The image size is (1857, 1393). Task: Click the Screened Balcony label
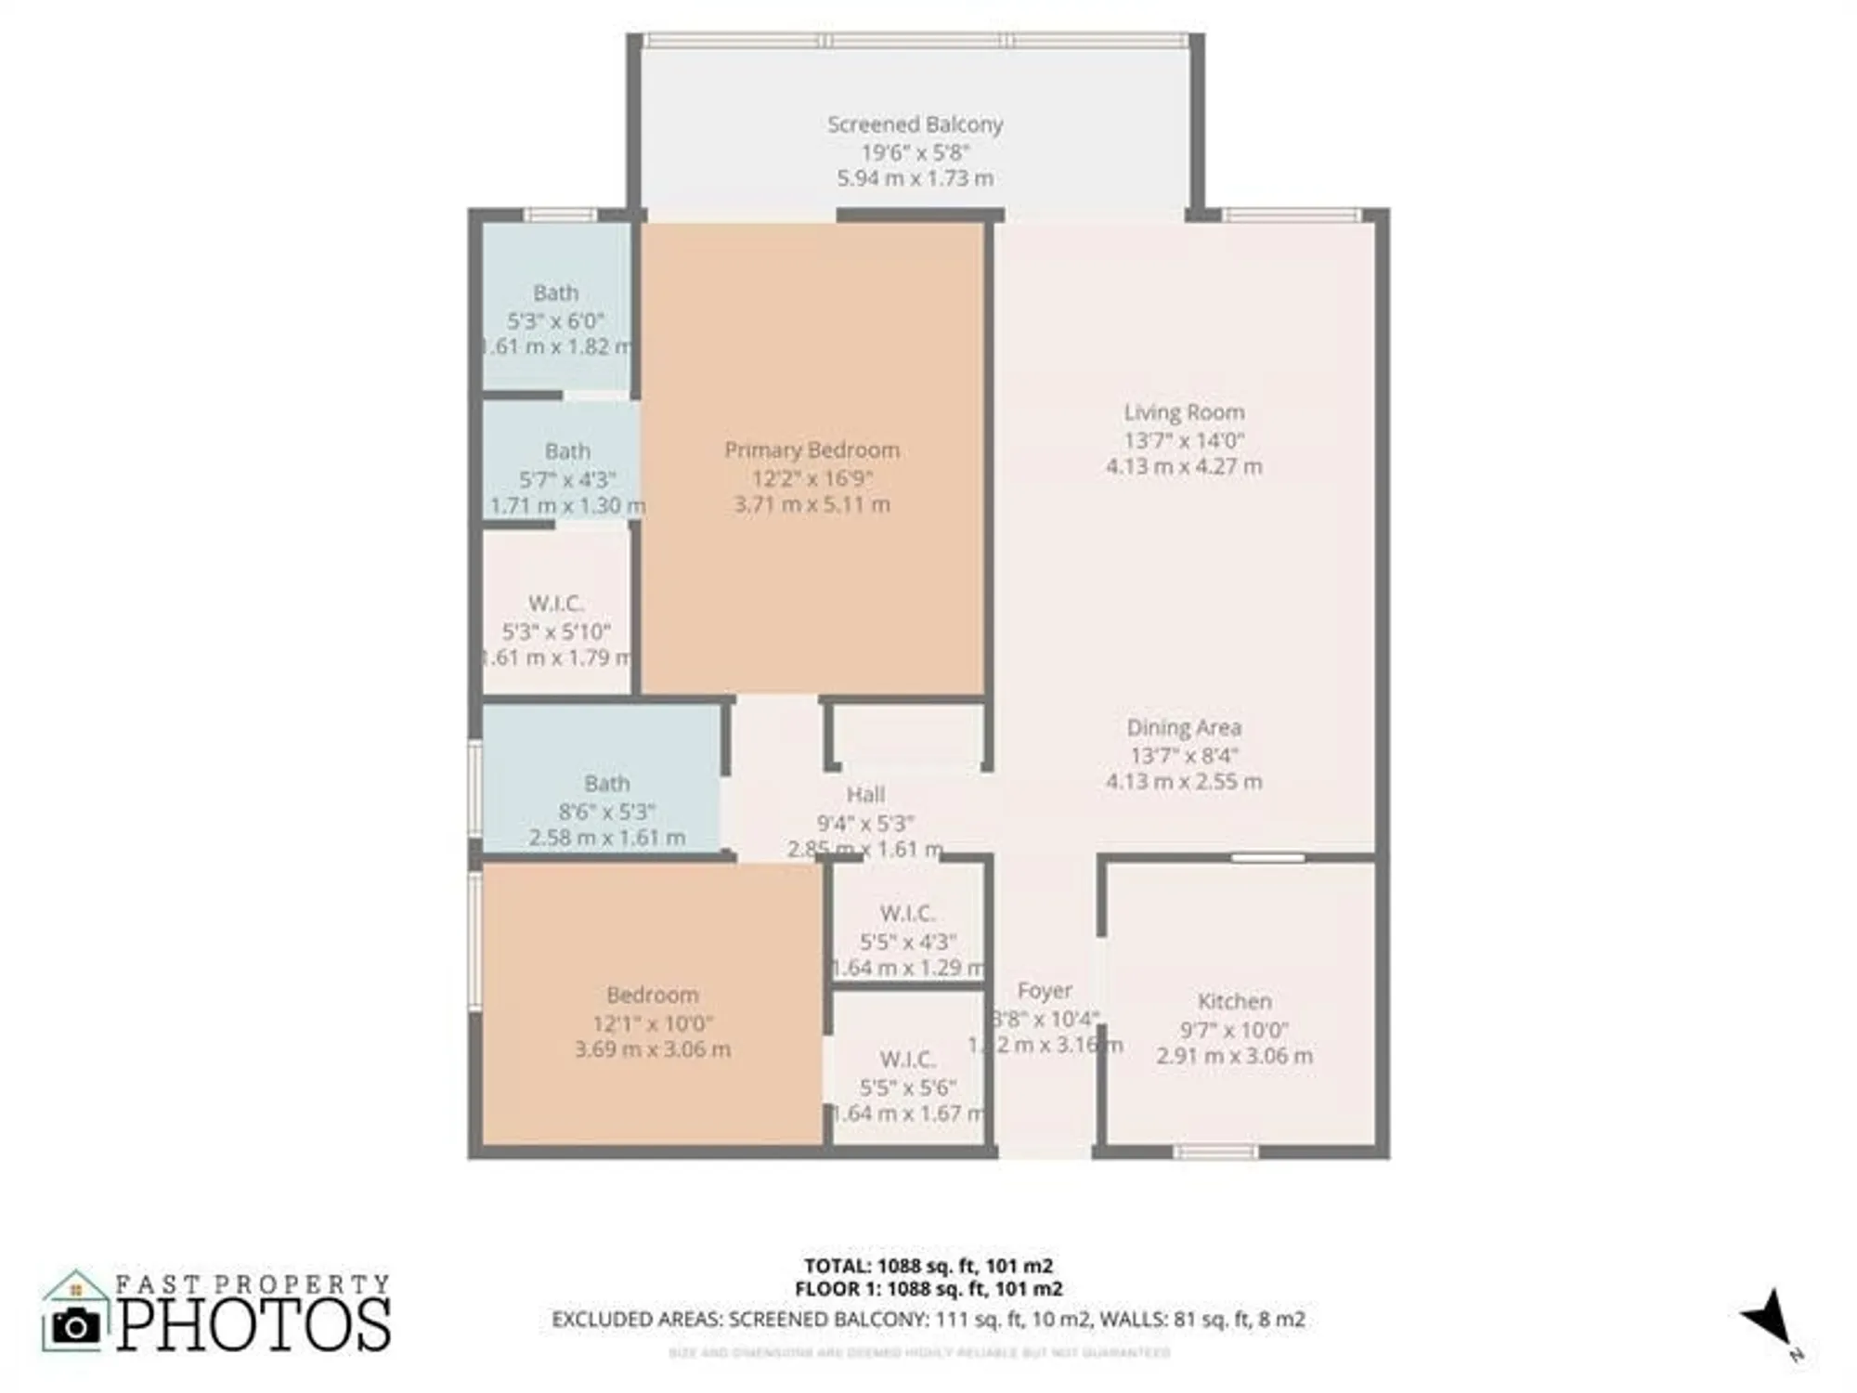coord(915,124)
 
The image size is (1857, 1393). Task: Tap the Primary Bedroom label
coord(812,450)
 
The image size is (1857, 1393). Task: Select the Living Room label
coord(1184,412)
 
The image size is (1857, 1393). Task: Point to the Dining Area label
coord(1184,728)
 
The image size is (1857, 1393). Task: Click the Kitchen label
coord(1234,1002)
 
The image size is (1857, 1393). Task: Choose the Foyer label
coord(1045,991)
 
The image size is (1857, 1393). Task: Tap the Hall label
coord(865,795)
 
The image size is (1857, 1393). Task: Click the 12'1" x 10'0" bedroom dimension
coord(653,1023)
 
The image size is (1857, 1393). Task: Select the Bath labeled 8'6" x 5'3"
coord(606,784)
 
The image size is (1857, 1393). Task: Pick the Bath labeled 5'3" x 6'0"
coord(555,293)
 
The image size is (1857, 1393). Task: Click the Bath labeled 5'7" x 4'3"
coord(567,452)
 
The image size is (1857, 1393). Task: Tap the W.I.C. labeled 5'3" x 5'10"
coord(555,604)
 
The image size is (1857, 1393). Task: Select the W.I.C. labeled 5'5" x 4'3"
coord(907,914)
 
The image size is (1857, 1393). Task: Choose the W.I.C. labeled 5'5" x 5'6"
coord(907,1060)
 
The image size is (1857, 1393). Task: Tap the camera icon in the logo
coord(75,1326)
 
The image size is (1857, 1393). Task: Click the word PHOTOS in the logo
coord(253,1326)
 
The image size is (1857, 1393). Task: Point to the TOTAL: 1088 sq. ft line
coord(928,1266)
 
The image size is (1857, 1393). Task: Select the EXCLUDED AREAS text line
coord(928,1319)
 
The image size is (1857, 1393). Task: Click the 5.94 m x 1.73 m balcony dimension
coord(915,178)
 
